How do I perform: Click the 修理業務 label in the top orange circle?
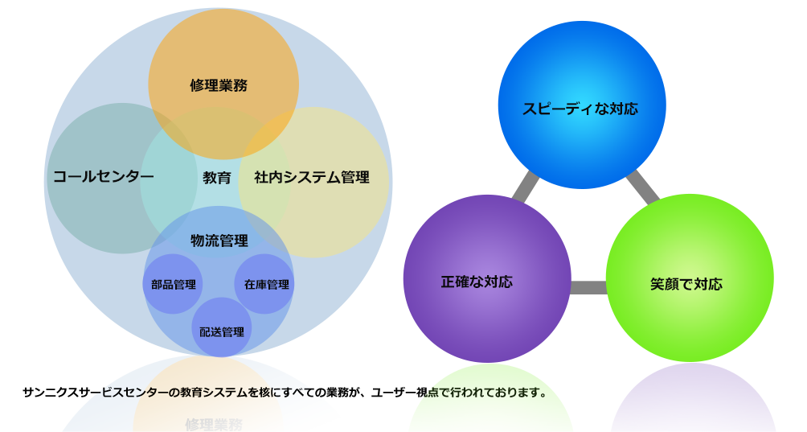(219, 85)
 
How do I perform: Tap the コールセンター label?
(103, 177)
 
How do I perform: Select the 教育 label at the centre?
(217, 178)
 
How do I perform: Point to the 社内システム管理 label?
(312, 178)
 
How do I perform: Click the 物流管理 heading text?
(219, 241)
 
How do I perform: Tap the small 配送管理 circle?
(221, 331)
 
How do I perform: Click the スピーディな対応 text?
(580, 109)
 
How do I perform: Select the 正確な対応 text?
(477, 282)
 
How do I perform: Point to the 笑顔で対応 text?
(686, 284)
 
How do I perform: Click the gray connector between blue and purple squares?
(526, 187)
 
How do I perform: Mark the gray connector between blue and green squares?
(642, 187)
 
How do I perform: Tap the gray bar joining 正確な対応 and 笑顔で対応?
(590, 287)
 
